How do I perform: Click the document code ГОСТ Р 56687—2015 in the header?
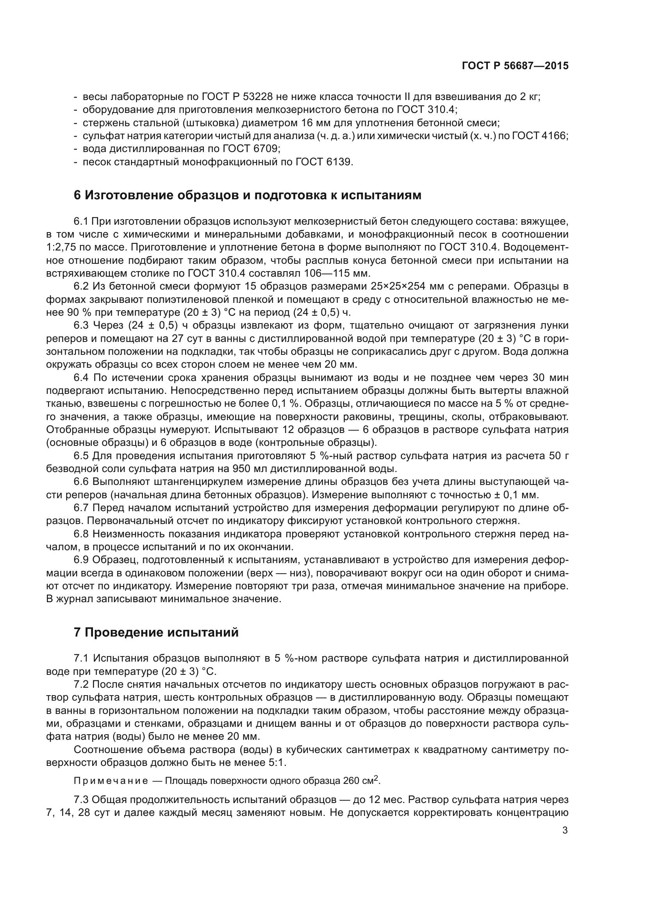click(x=515, y=66)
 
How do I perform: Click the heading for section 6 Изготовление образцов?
click(x=247, y=195)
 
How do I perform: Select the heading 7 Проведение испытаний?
click(x=156, y=633)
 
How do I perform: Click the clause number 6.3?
click(x=82, y=326)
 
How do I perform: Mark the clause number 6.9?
click(x=82, y=560)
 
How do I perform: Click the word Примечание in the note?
click(x=111, y=781)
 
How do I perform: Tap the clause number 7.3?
click(x=82, y=800)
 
